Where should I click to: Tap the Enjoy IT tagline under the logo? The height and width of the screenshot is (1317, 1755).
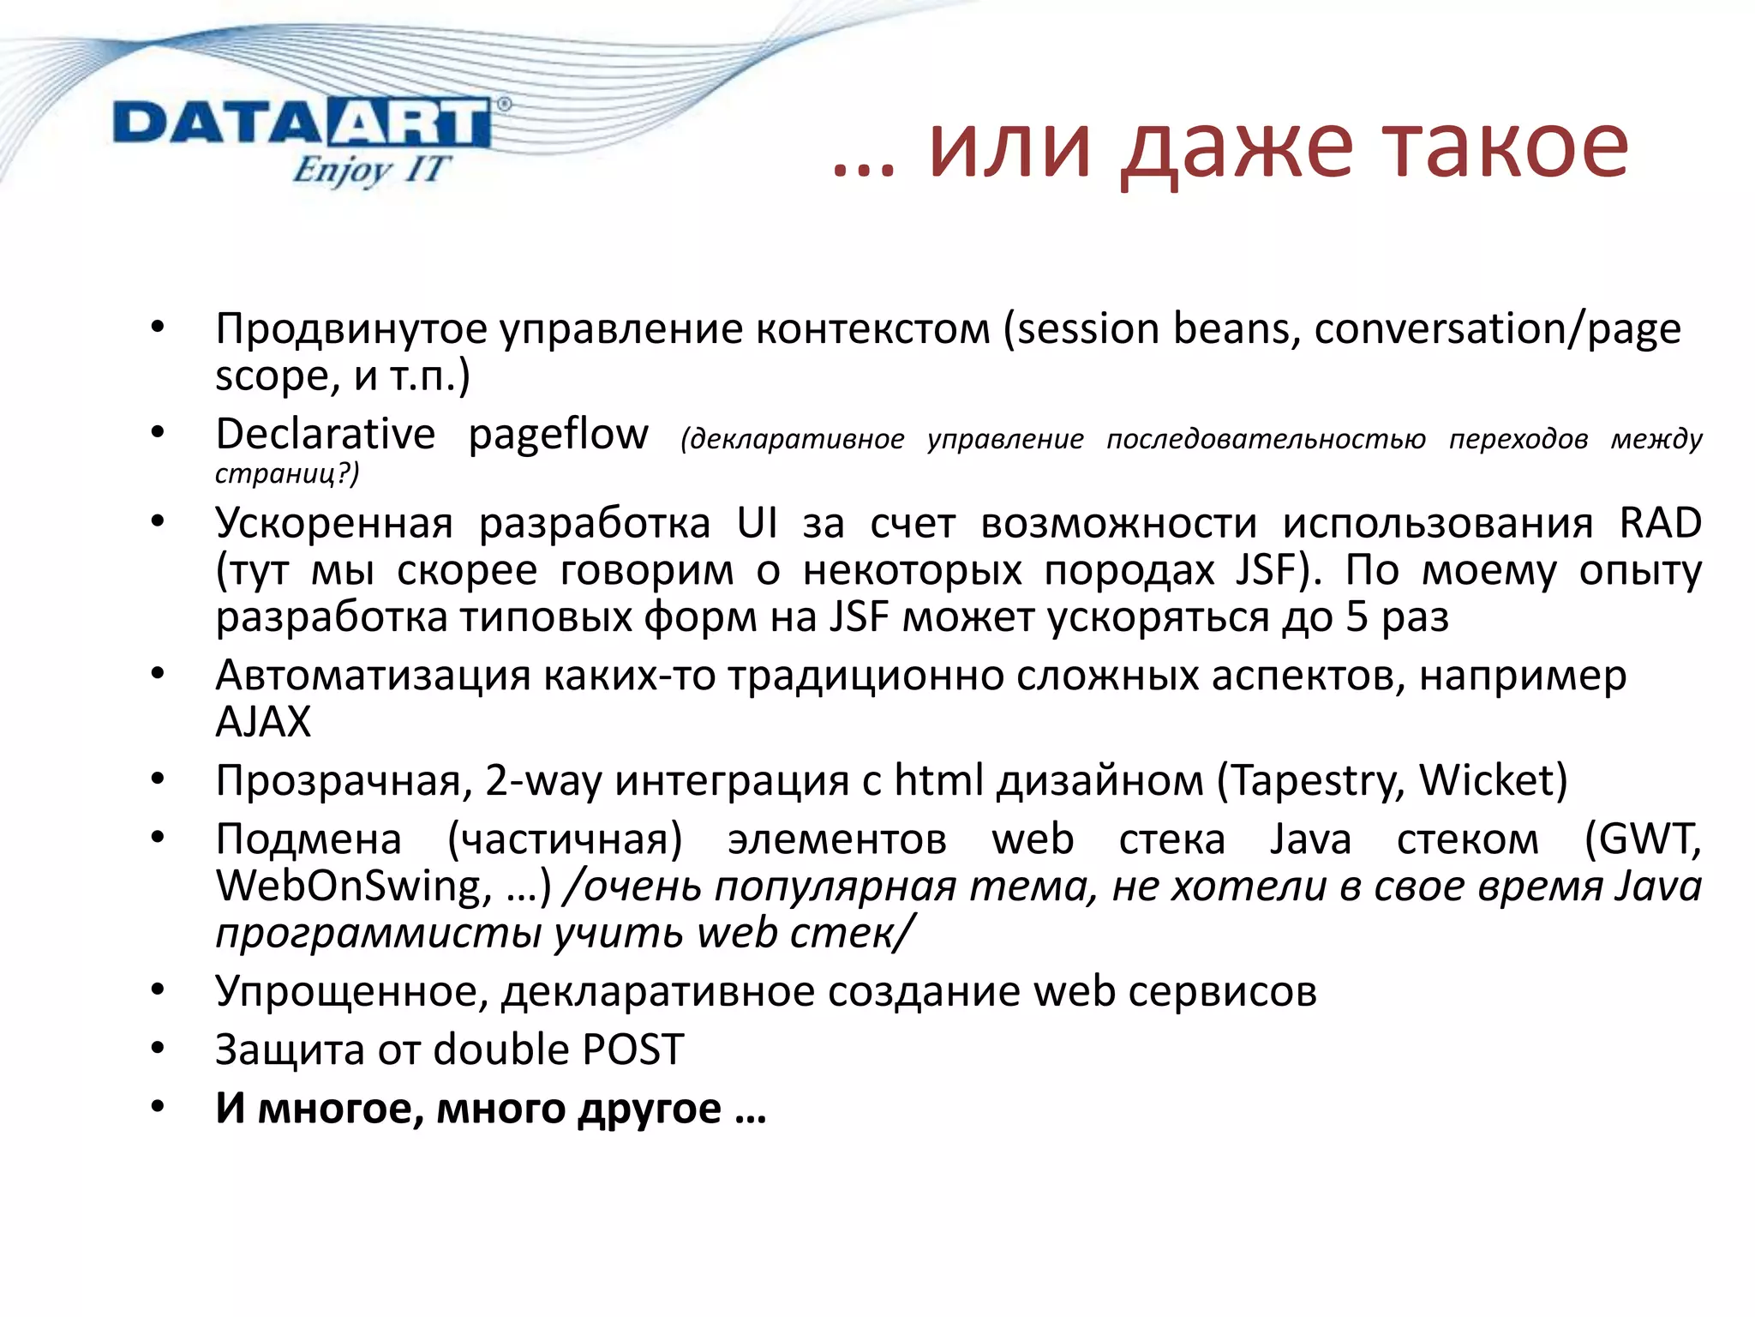(369, 169)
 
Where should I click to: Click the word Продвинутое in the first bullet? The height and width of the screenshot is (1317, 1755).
(351, 329)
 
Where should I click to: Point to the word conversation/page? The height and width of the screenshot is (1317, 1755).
(1496, 329)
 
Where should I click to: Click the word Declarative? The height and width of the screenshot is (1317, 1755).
(325, 434)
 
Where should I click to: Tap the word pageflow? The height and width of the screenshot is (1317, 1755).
(558, 434)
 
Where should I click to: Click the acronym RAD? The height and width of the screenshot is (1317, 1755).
(1659, 523)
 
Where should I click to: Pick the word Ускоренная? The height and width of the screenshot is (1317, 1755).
(333, 523)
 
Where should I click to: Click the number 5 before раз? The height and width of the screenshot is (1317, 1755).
(1356, 616)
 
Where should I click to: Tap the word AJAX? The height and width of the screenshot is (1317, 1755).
(262, 722)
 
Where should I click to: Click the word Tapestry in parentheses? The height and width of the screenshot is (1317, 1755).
(1316, 780)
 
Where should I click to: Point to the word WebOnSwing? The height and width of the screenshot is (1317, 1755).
(349, 886)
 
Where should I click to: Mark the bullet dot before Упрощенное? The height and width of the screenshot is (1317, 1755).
(157, 990)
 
